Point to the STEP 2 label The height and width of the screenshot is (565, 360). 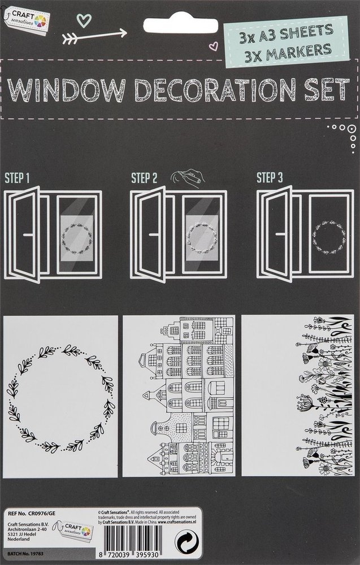(144, 179)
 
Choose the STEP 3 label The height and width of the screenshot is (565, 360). (270, 179)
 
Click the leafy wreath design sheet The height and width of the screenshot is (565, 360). (60, 395)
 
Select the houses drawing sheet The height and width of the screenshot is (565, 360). (179, 395)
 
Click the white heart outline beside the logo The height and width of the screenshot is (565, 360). (83, 20)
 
